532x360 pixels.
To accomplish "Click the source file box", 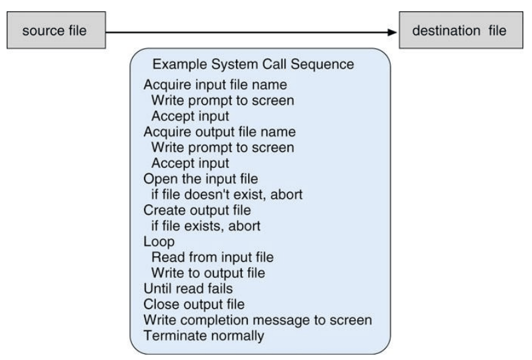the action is coord(56,30).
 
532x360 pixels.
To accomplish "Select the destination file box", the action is coord(461,30).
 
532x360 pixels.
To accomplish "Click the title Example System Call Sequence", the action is coord(253,64).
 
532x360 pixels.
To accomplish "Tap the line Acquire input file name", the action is coord(215,85).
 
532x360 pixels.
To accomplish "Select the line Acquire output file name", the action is coord(219,131).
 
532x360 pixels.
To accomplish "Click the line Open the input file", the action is coord(201,179).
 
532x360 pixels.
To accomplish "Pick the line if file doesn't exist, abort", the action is coord(227,195).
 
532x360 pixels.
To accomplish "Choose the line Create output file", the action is coord(197,210).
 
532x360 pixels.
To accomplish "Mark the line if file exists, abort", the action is coord(205,226).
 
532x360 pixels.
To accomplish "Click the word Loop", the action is coord(159,242).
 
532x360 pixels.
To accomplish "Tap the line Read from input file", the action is coord(213,257).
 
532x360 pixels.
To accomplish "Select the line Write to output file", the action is coord(208,273).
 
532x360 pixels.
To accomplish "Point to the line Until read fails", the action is coord(188,289).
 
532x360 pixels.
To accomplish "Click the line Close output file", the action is coord(194,305).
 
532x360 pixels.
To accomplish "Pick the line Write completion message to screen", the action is coord(257,320).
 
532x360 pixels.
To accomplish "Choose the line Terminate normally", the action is coord(203,336).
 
